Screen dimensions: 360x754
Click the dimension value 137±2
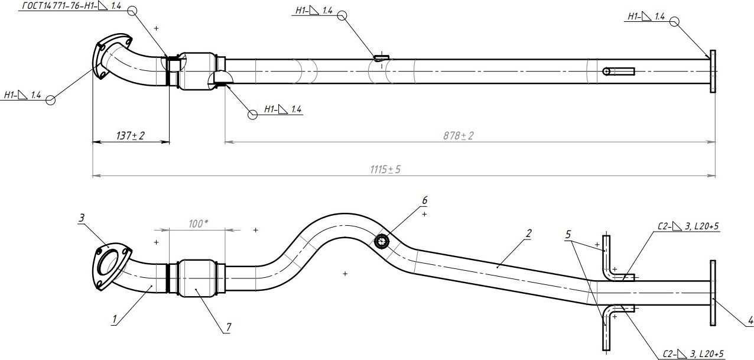tap(131, 137)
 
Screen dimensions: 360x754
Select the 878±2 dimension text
tap(459, 136)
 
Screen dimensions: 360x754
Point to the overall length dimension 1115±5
tap(385, 170)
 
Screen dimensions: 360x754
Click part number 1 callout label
tap(115, 320)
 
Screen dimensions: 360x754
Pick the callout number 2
tap(528, 233)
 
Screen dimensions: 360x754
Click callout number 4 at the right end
tap(750, 321)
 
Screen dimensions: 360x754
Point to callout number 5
tap(568, 234)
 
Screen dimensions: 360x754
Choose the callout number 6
tap(424, 200)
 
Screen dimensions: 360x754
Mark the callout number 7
tap(228, 326)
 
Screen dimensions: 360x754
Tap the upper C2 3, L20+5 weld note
tap(688, 226)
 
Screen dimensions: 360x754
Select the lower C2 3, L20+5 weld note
tap(692, 353)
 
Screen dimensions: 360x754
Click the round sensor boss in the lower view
tap(382, 241)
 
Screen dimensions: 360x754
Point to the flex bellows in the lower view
tap(197, 277)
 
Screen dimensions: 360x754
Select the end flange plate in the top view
tap(713, 72)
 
